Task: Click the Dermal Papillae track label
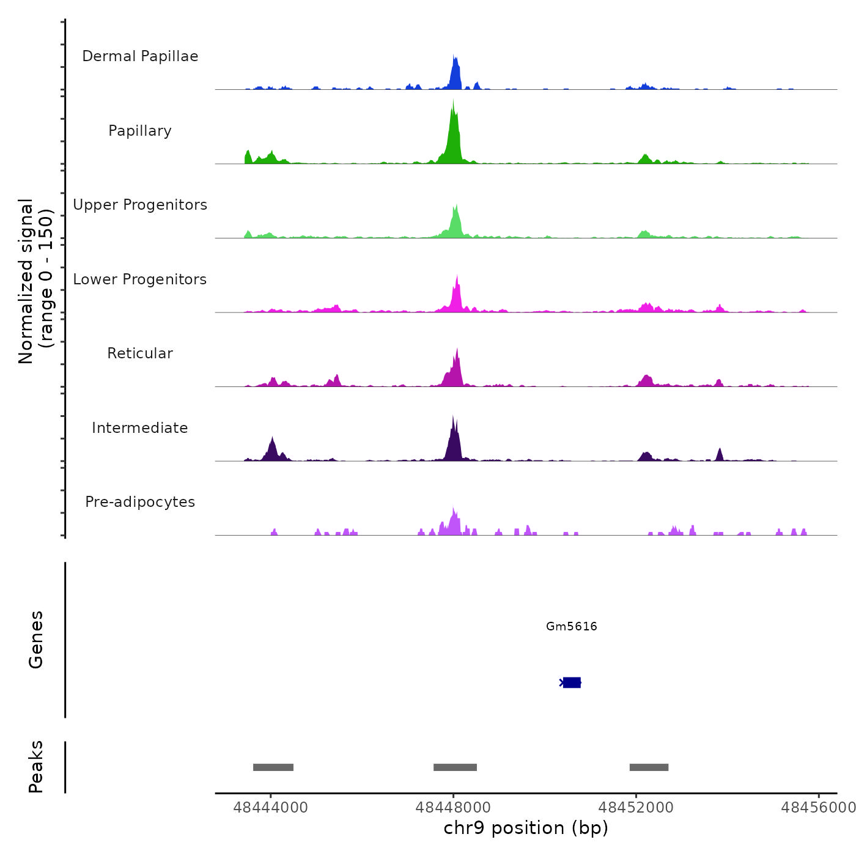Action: [140, 56]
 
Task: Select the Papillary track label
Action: [140, 131]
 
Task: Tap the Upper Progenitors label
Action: [140, 205]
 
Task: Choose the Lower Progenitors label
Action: [140, 279]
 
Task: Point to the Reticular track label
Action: [140, 353]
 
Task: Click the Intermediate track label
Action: [140, 428]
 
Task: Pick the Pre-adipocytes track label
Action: [140, 502]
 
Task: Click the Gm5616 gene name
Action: [572, 626]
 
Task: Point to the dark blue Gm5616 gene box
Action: [572, 682]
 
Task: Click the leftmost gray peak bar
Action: [273, 767]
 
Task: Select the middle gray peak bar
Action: [455, 767]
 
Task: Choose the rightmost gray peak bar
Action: [649, 767]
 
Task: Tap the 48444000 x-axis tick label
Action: [271, 808]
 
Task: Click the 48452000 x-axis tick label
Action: [636, 808]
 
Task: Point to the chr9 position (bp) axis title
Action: [526, 828]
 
